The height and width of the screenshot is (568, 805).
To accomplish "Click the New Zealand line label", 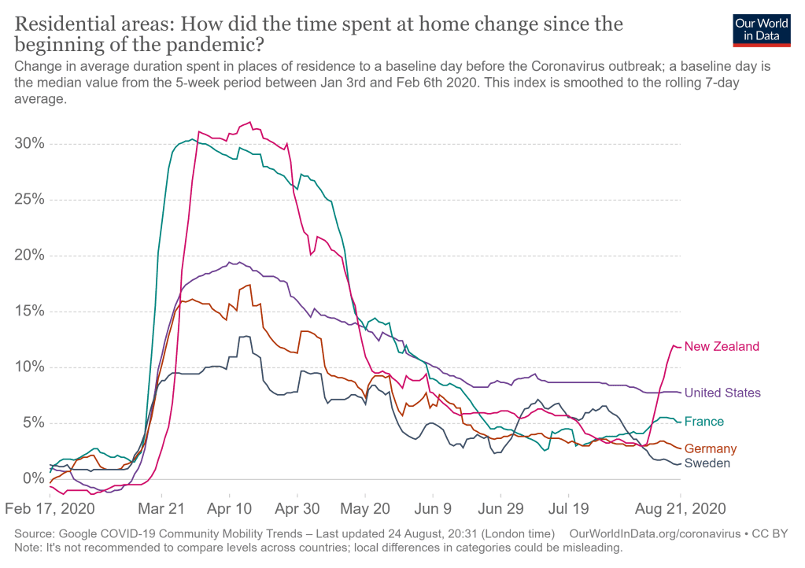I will [x=722, y=346].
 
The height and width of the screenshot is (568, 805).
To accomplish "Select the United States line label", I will [x=722, y=393].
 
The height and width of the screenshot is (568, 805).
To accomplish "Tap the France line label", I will [x=703, y=422].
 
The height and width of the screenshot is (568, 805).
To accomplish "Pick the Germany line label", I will [x=710, y=449].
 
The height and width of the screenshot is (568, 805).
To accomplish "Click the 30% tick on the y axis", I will [x=29, y=145].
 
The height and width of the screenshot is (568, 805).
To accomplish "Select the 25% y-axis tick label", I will [x=29, y=201].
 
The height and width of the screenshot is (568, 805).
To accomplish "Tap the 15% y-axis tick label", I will [x=29, y=312].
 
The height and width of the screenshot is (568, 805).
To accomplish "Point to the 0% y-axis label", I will [x=33, y=478].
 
